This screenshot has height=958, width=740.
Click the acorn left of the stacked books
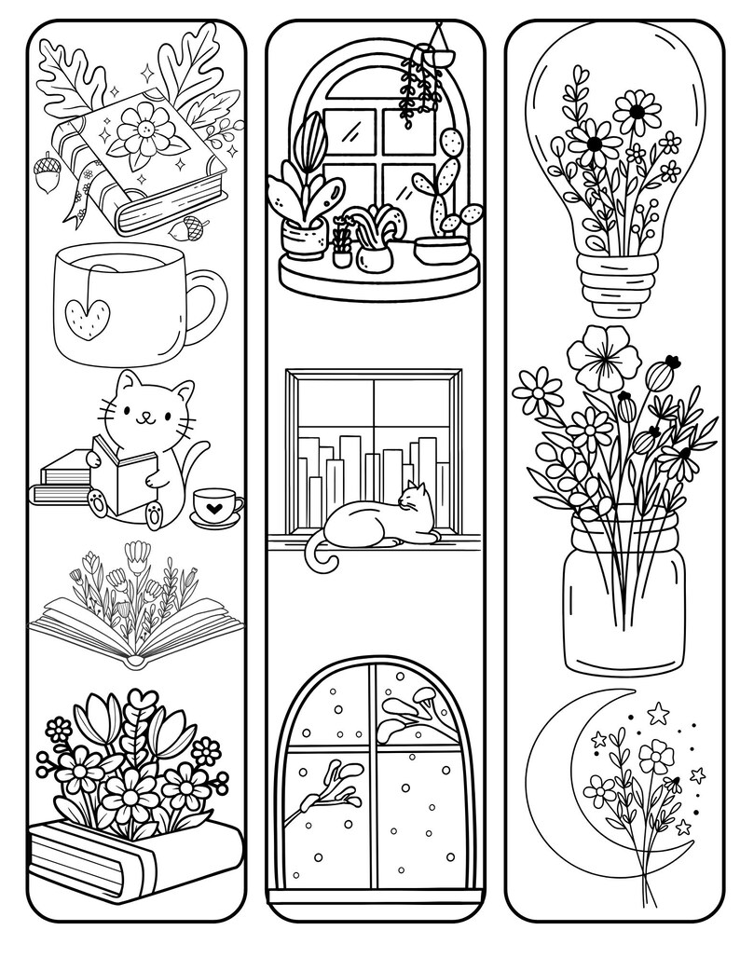[46, 176]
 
